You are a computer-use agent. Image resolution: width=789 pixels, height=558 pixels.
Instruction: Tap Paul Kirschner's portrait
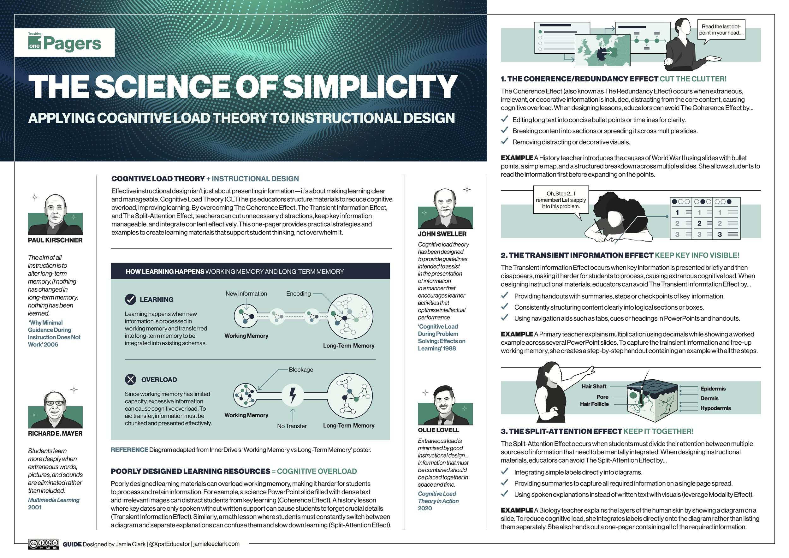pyautogui.click(x=55, y=215)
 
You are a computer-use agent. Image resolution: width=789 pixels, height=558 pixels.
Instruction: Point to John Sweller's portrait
pyautogui.click(x=445, y=209)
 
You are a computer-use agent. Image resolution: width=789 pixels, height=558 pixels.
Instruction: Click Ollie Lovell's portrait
pyautogui.click(x=445, y=406)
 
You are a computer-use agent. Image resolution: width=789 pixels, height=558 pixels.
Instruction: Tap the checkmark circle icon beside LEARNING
pyautogui.click(x=130, y=300)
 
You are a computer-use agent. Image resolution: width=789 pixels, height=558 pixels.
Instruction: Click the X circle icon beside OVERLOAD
pyautogui.click(x=130, y=379)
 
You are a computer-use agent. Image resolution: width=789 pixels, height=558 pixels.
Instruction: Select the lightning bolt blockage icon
pyautogui.click(x=293, y=395)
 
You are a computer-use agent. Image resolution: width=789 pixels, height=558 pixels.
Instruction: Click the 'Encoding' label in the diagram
pyautogui.click(x=298, y=294)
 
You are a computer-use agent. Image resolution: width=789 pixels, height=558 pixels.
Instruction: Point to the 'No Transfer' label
pyautogui.click(x=292, y=426)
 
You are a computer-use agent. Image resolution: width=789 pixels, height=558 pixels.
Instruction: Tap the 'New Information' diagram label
pyautogui.click(x=246, y=294)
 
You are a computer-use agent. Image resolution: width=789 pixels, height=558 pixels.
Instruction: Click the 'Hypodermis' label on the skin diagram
pyautogui.click(x=715, y=408)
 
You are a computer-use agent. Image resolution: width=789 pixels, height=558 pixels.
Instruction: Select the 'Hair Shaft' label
pyautogui.click(x=594, y=387)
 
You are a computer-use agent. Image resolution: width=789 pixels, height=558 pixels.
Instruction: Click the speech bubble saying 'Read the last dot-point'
pyautogui.click(x=721, y=30)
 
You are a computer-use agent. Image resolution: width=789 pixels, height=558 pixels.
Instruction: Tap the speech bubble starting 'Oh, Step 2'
pyautogui.click(x=561, y=200)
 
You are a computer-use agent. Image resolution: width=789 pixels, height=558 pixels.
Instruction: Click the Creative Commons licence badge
pyautogui.click(x=44, y=544)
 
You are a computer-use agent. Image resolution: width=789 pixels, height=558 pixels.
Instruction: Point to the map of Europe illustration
pyautogui.click(x=602, y=50)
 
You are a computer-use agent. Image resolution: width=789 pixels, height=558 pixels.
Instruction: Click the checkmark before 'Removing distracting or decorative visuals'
pyautogui.click(x=504, y=141)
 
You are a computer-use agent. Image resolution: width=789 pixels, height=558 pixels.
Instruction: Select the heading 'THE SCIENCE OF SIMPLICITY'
pyautogui.click(x=243, y=86)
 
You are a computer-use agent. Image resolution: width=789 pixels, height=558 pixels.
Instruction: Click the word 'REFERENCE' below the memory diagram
pyautogui.click(x=129, y=450)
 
